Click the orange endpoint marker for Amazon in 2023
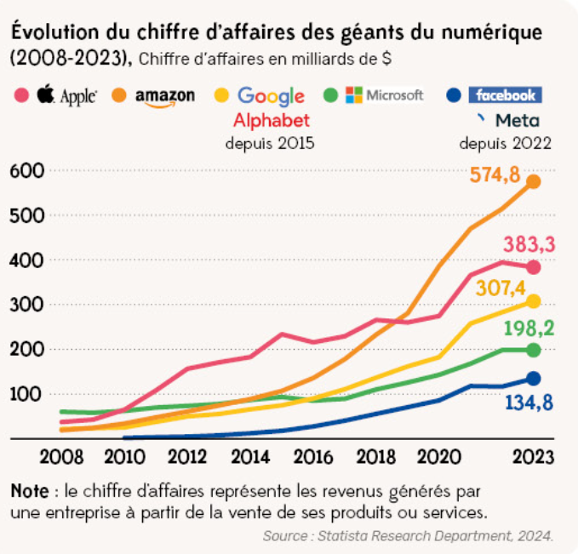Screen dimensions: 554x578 [534, 181]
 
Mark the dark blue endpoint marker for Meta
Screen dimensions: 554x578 [534, 379]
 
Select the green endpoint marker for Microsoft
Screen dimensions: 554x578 [534, 350]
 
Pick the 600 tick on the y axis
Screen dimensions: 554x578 [26, 170]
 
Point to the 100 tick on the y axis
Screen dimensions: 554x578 [26, 394]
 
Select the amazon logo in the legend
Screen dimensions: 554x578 [164, 95]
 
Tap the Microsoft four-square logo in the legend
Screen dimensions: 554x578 [354, 94]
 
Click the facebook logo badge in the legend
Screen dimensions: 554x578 [506, 95]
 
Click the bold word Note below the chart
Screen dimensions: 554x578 [29, 491]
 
